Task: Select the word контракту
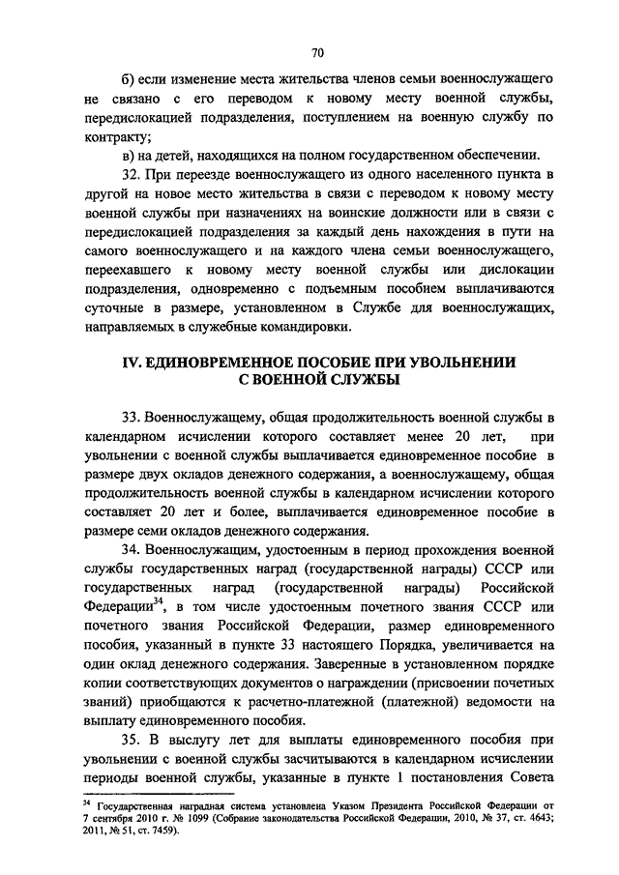coord(112,136)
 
